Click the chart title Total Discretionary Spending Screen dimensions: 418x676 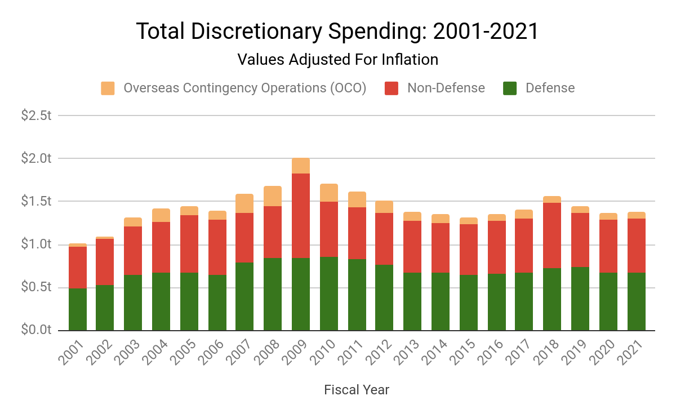(337, 32)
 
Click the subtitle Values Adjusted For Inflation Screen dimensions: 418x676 (337, 59)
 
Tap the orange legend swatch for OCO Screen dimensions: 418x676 (108, 88)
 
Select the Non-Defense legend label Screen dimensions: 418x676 (446, 88)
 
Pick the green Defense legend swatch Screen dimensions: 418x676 (510, 88)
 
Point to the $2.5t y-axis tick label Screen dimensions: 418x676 (36, 115)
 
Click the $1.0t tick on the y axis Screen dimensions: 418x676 (36, 244)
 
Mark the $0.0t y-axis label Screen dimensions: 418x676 (36, 330)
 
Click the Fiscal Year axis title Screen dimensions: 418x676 (357, 390)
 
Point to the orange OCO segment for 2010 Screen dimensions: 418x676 (329, 193)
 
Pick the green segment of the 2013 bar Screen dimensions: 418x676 (412, 301)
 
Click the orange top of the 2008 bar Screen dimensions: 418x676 (273, 196)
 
